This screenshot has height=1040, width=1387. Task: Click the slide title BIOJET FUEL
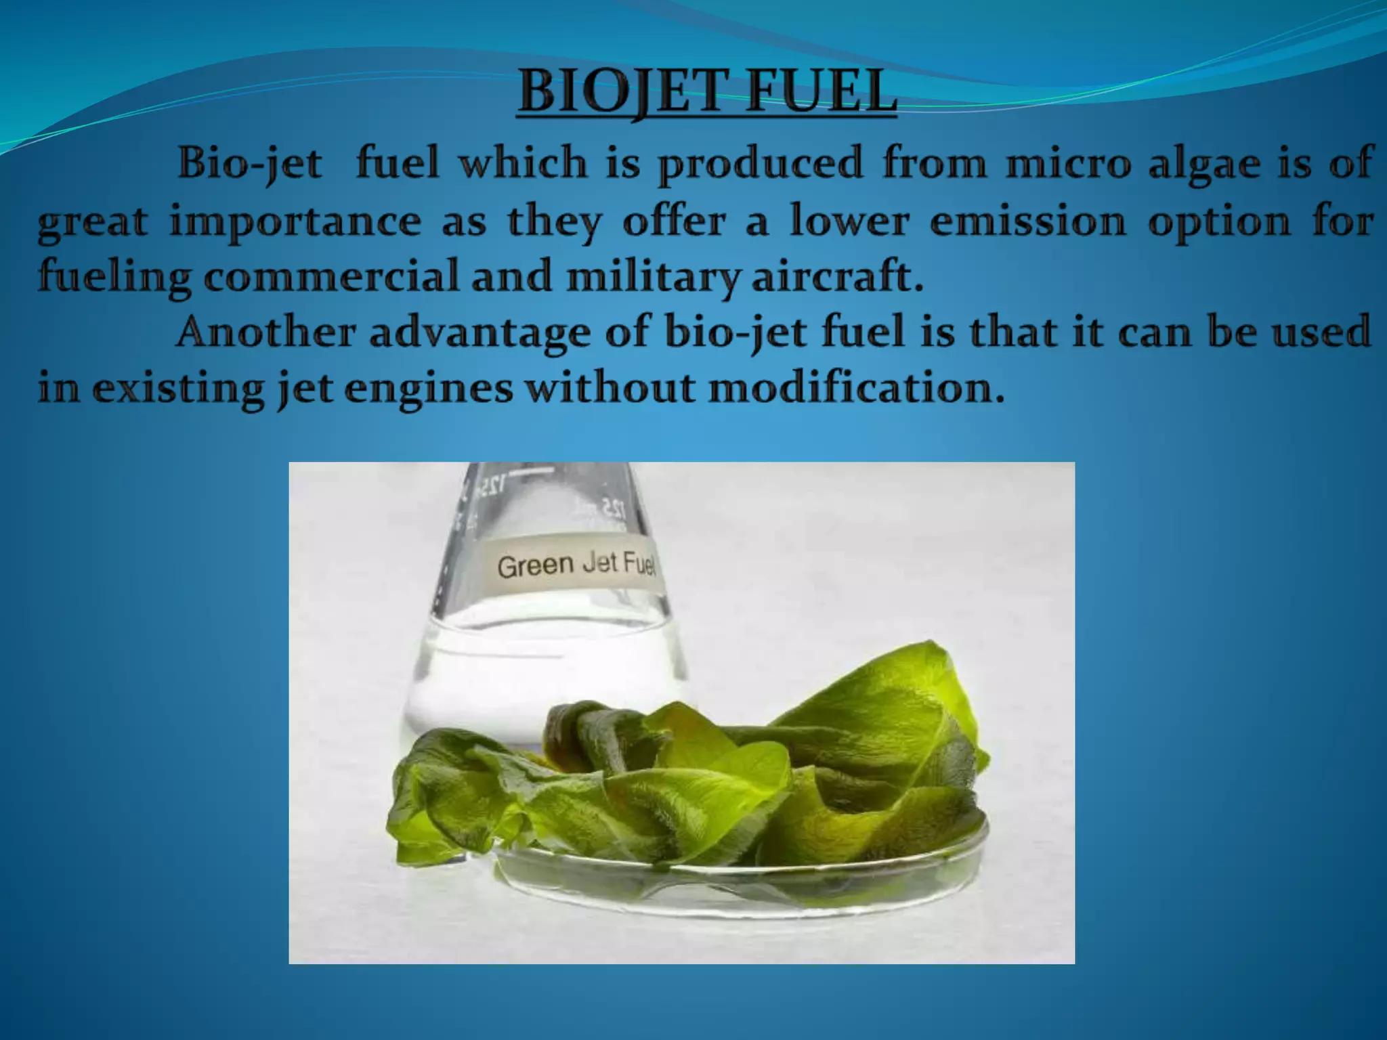[x=706, y=95]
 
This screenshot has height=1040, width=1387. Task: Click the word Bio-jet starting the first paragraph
[x=249, y=164]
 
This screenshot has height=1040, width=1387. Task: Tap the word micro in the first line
[x=1068, y=164]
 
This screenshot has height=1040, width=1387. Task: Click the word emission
[x=1027, y=222]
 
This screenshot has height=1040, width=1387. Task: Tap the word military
[x=653, y=278]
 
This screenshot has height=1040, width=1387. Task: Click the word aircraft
[x=838, y=278]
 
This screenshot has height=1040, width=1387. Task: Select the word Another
[x=265, y=333]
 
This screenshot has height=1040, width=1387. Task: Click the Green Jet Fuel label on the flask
[x=576, y=565]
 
